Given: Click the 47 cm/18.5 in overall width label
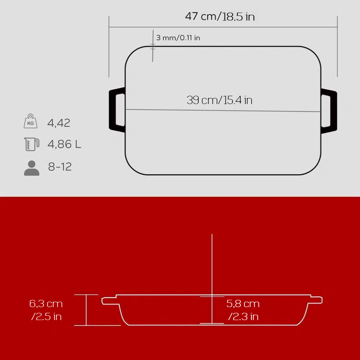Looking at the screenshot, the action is pyautogui.click(x=220, y=17).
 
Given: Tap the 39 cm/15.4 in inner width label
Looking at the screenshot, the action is pyautogui.click(x=220, y=100).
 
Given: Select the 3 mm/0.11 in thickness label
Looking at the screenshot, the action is pyautogui.click(x=178, y=38).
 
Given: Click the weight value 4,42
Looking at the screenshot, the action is pyautogui.click(x=59, y=123).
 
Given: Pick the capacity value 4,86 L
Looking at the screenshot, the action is pyautogui.click(x=64, y=144).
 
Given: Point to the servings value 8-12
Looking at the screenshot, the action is pyautogui.click(x=60, y=167).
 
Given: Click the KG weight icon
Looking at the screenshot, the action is pyautogui.click(x=31, y=121).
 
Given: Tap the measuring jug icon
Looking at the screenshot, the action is pyautogui.click(x=32, y=144).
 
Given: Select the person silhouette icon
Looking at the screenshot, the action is pyautogui.click(x=32, y=168).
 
